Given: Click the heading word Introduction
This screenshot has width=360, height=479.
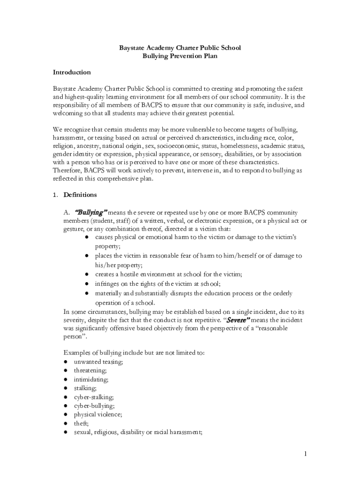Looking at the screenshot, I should coord(72,73).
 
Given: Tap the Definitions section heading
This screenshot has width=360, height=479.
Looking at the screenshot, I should coord(80,195).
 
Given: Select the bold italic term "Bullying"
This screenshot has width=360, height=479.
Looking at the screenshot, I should coord(92,212).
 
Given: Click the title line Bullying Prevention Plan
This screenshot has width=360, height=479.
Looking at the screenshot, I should coord(180,56).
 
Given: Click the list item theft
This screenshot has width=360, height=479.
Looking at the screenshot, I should coord(81,423).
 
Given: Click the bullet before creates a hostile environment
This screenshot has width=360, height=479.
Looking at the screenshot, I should coord(87,275).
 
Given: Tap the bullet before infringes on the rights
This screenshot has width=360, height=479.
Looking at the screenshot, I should coord(87,284).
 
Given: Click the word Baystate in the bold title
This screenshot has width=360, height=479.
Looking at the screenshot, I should coord(132,48).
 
